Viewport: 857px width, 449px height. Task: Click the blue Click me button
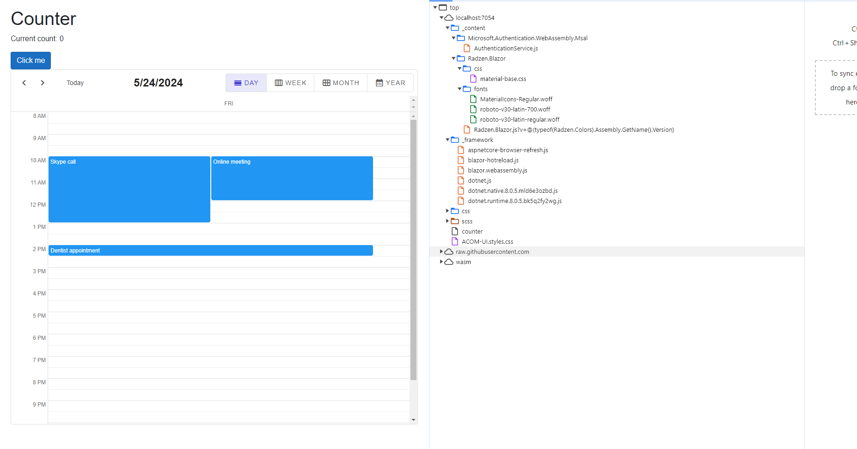click(31, 61)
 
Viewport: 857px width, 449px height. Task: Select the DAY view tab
click(246, 83)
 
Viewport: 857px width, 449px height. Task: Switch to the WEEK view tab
click(290, 83)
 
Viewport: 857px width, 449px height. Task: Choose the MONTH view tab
click(341, 83)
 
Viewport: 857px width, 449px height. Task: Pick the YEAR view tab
click(390, 83)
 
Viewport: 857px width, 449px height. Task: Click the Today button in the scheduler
click(75, 83)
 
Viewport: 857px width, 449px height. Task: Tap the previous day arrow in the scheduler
click(24, 83)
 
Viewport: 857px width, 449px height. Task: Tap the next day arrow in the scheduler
click(43, 83)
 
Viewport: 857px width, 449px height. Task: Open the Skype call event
click(129, 189)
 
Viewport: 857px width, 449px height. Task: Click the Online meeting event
click(292, 178)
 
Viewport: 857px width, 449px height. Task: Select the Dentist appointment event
click(211, 250)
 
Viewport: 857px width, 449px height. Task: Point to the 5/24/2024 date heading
click(158, 83)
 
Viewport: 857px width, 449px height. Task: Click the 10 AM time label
click(38, 160)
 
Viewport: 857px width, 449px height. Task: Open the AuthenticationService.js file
click(506, 48)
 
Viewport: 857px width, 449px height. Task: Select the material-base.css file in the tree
click(503, 79)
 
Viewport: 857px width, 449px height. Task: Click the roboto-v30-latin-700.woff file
click(515, 109)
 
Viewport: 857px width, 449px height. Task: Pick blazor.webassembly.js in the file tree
click(497, 170)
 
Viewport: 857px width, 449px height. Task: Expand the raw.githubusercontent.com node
click(441, 252)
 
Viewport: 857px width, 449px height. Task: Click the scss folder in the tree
click(467, 221)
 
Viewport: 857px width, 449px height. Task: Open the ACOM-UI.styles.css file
click(487, 241)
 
